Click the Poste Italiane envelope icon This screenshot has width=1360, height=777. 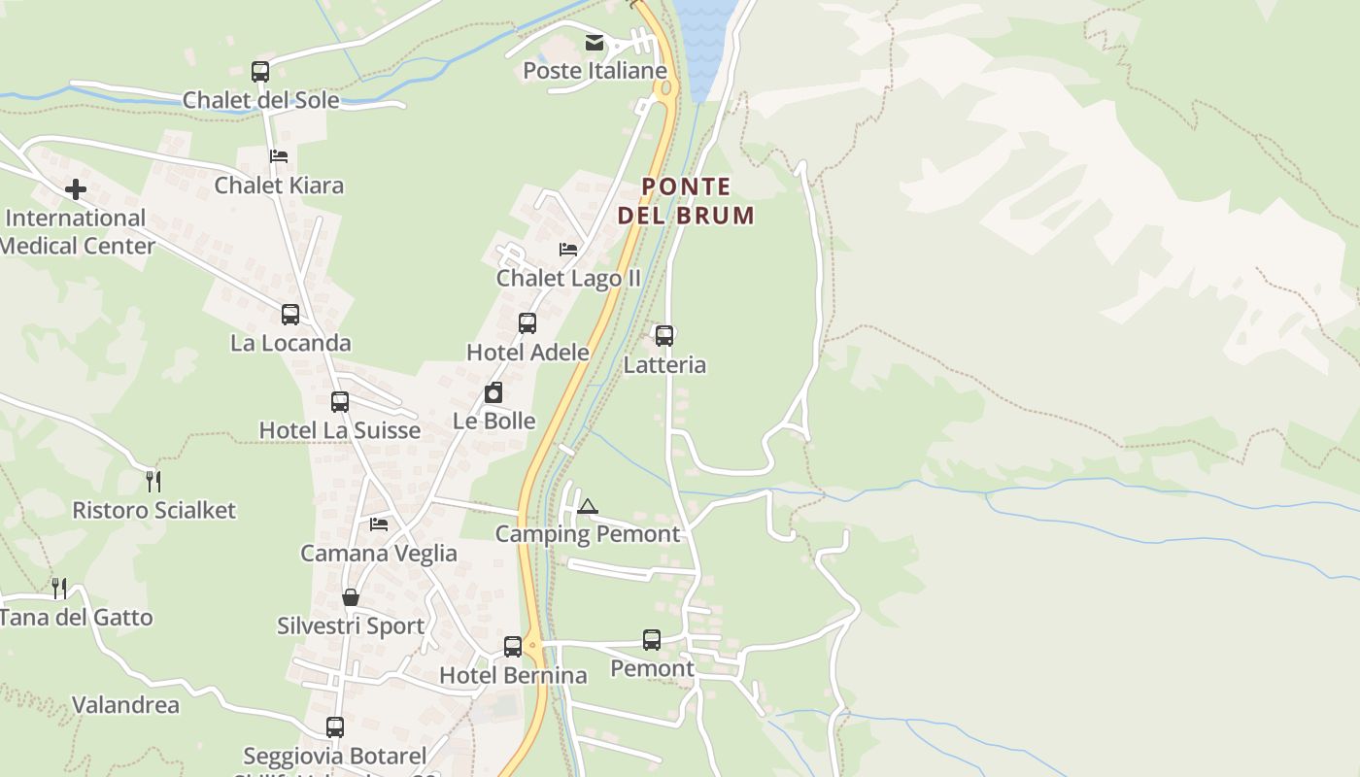[x=595, y=43]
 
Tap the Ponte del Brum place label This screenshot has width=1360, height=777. [x=686, y=201]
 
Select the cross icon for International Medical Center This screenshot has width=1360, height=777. [x=76, y=189]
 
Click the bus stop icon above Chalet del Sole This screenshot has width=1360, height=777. [x=260, y=71]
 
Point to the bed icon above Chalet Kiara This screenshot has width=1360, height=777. [x=279, y=155]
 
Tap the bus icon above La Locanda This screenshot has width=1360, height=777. [x=290, y=314]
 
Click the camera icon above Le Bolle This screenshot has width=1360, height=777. [x=493, y=392]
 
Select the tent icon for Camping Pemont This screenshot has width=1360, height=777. [x=587, y=506]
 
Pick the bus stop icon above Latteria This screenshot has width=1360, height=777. [x=664, y=336]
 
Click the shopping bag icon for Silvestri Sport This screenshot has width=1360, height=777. [x=351, y=597]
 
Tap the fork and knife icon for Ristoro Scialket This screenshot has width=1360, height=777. [x=153, y=481]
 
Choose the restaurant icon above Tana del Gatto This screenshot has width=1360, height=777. [x=59, y=588]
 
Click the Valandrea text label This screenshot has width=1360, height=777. [x=126, y=705]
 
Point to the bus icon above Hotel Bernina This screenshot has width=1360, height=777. [x=513, y=646]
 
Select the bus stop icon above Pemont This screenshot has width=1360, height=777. [x=652, y=640]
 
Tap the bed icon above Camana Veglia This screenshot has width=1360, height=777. [x=379, y=524]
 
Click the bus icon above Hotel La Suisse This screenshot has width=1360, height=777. [x=340, y=401]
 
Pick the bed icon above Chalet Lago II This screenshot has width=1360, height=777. [x=568, y=250]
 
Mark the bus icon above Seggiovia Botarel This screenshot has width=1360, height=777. [x=335, y=726]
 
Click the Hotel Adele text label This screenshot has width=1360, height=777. [x=527, y=352]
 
